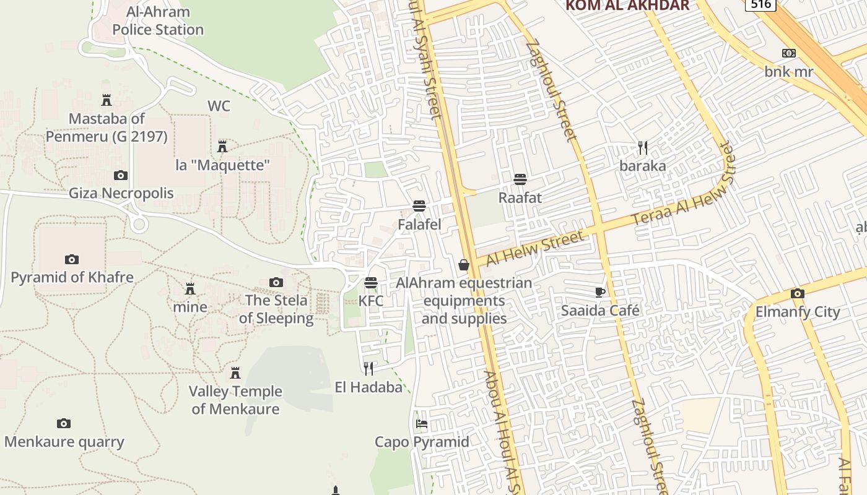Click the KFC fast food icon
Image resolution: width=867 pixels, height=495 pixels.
(371, 283)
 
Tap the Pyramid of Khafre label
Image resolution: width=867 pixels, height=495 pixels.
(72, 277)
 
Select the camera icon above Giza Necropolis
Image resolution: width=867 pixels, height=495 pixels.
(121, 175)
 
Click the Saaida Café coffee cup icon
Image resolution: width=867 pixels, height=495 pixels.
(599, 292)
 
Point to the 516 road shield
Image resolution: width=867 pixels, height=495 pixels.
(760, 4)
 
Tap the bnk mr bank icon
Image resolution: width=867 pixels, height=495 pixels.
(789, 53)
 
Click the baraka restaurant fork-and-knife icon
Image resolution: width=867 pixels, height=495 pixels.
(643, 148)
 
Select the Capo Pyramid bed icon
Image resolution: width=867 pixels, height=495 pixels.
(422, 424)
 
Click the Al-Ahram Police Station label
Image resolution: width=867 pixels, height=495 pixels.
(158, 20)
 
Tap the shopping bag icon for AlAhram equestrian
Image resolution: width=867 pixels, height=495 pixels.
(463, 265)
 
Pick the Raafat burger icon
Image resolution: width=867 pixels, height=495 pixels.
(520, 179)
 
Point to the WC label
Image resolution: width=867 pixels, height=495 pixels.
(219, 106)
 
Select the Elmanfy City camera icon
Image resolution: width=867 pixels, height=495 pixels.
(798, 293)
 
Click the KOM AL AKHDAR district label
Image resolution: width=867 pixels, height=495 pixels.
(627, 6)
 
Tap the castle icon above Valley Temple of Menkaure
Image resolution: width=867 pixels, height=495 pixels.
(235, 373)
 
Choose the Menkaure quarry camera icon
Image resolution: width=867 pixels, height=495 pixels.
(64, 424)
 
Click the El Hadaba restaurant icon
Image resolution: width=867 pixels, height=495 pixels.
(368, 369)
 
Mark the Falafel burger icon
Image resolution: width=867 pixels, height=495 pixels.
(419, 206)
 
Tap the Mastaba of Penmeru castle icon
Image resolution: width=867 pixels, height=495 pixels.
(107, 100)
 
